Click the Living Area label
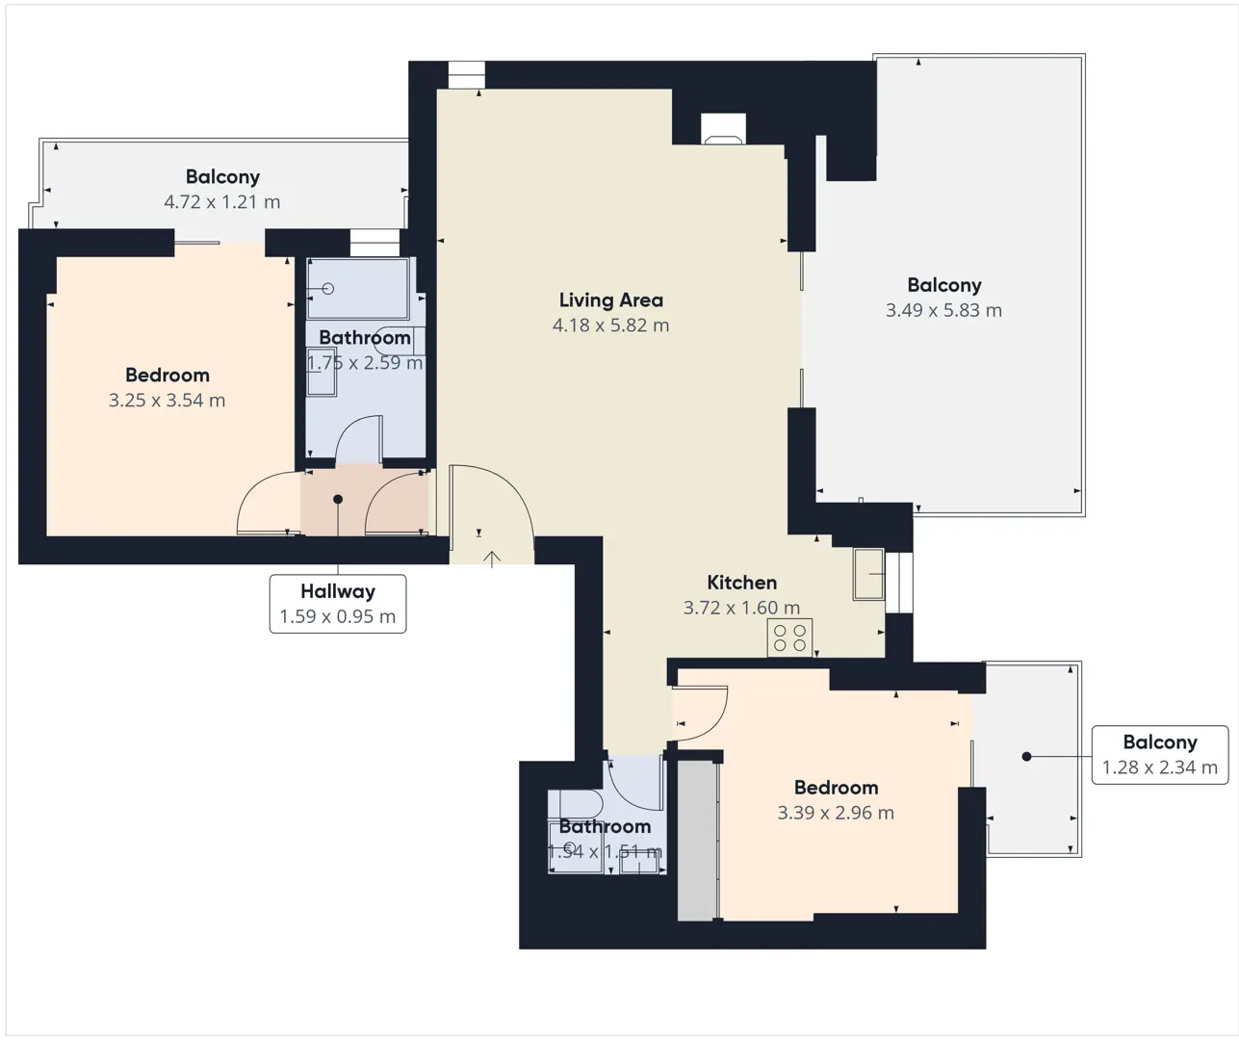pyautogui.click(x=610, y=300)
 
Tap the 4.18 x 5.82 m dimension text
pyautogui.click(x=610, y=325)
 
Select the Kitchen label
pyautogui.click(x=741, y=583)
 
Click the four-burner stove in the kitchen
pyautogui.click(x=789, y=637)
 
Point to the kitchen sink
pyautogui.click(x=868, y=574)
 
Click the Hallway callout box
pyautogui.click(x=338, y=604)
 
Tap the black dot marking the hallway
pyautogui.click(x=338, y=499)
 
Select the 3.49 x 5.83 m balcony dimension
pyautogui.click(x=943, y=310)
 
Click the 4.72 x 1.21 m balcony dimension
pyautogui.click(x=222, y=202)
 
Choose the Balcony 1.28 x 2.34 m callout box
pyautogui.click(x=1159, y=754)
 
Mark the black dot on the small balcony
pyautogui.click(x=1026, y=756)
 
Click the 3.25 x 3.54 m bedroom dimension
pyautogui.click(x=167, y=401)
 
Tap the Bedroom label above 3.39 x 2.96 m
pyautogui.click(x=836, y=788)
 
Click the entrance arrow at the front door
pyautogui.click(x=492, y=559)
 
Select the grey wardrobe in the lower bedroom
pyautogui.click(x=698, y=841)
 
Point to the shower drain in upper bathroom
pyautogui.click(x=328, y=289)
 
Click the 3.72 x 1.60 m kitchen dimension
pyautogui.click(x=741, y=608)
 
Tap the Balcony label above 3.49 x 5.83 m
pyautogui.click(x=944, y=285)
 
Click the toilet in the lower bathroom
pyautogui.click(x=575, y=804)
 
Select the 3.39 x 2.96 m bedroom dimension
pyautogui.click(x=836, y=813)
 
